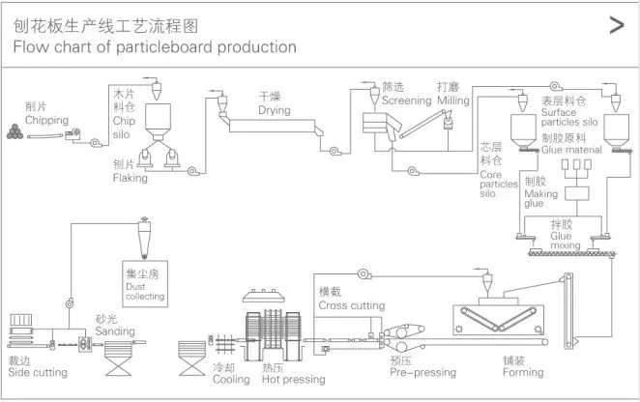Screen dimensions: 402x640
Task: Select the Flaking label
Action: [x=130, y=178]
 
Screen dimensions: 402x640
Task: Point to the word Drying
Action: [x=274, y=110]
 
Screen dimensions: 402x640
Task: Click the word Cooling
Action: [x=230, y=380]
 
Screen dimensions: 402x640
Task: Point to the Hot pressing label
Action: [x=294, y=380]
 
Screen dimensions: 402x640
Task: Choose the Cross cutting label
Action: [x=352, y=304]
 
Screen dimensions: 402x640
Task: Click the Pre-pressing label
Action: [x=422, y=371]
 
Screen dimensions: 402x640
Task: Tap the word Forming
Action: [x=523, y=372]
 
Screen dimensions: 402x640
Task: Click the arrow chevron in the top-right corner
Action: [x=615, y=26]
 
